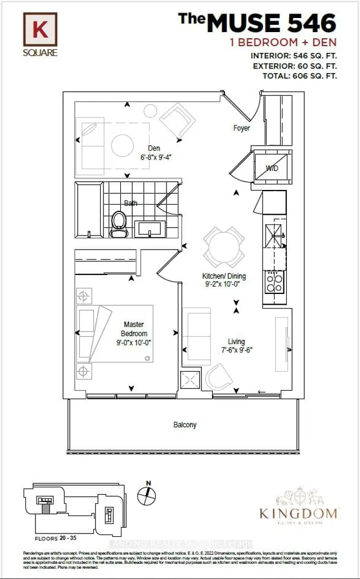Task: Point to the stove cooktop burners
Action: [x=275, y=281]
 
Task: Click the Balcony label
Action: [x=185, y=425]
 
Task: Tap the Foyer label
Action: [x=242, y=128]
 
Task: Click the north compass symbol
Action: [x=147, y=495]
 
